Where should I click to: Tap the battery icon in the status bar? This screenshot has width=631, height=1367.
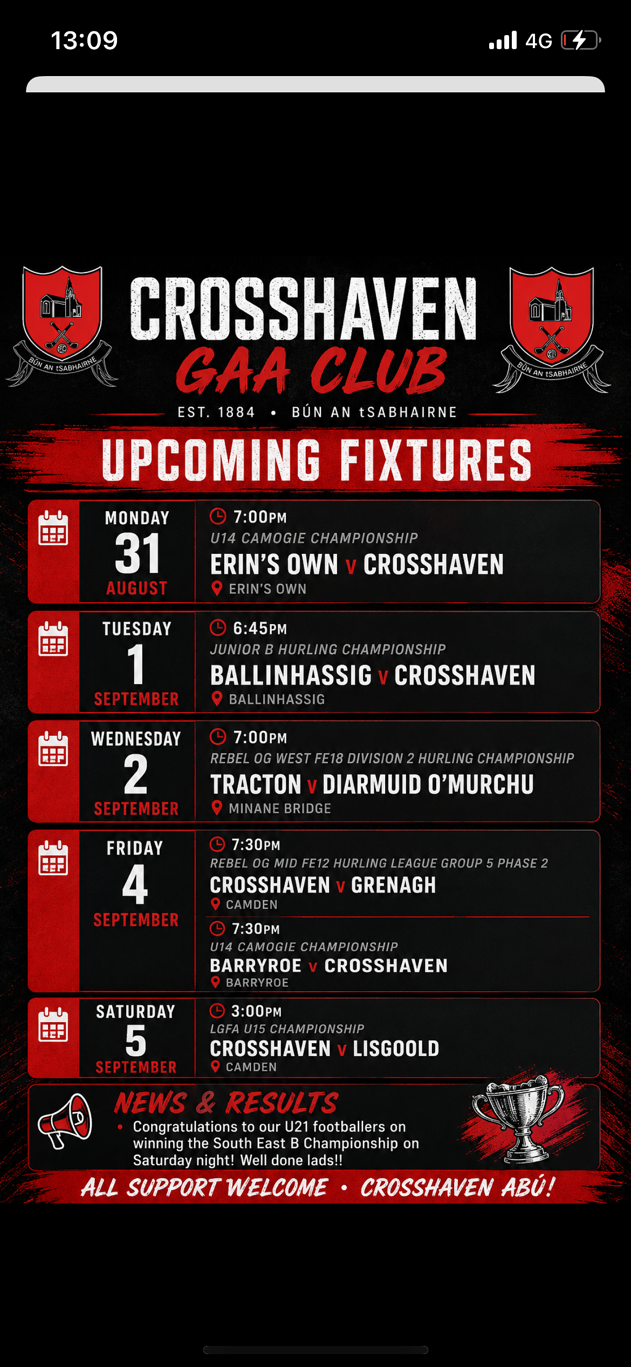click(x=581, y=40)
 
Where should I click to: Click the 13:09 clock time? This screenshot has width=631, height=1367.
click(x=84, y=40)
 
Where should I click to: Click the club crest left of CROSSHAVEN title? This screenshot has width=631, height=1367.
click(x=62, y=326)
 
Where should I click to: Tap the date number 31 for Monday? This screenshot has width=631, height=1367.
click(x=138, y=553)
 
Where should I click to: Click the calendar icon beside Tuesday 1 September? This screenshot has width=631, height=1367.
click(x=53, y=639)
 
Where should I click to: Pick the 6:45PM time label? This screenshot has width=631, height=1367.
click(x=260, y=628)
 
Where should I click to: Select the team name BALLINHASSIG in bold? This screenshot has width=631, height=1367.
click(x=291, y=675)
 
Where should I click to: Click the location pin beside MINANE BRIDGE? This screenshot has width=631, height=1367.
click(x=217, y=808)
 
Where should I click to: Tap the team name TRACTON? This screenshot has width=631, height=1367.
click(x=256, y=784)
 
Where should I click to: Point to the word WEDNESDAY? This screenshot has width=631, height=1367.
click(x=136, y=739)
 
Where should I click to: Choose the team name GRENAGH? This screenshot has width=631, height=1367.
click(x=393, y=885)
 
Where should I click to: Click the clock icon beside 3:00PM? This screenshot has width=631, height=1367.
click(x=217, y=1011)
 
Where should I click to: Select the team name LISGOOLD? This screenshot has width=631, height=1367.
click(x=396, y=1048)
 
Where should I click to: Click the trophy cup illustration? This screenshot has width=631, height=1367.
click(x=518, y=1118)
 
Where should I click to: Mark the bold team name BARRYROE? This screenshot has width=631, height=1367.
click(x=256, y=965)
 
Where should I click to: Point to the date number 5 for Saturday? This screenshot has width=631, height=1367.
click(x=136, y=1040)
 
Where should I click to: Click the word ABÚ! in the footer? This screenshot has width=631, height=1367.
click(x=528, y=1187)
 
